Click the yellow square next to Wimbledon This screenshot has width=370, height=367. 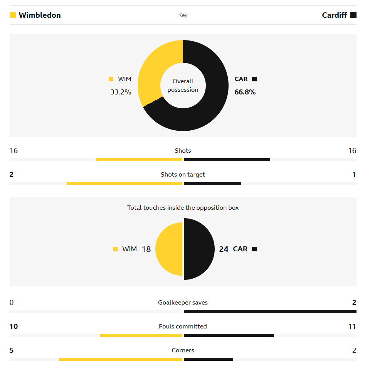pyautogui.click(x=13, y=15)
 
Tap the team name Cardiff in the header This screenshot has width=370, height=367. pyautogui.click(x=335, y=15)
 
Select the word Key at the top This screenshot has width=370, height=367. pyautogui.click(x=183, y=15)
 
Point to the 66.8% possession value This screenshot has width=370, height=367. pyautogui.click(x=245, y=92)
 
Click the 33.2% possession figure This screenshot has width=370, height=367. pyautogui.click(x=121, y=92)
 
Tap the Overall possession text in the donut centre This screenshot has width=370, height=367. pyautogui.click(x=183, y=86)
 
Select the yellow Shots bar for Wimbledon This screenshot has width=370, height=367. pyautogui.click(x=139, y=160)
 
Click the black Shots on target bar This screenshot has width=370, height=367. pyautogui.click(x=212, y=183)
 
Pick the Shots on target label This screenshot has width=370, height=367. pyautogui.click(x=183, y=175)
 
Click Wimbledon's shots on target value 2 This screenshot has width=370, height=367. pyautogui.click(x=12, y=175)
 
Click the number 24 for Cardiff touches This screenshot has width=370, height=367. pyautogui.click(x=224, y=249)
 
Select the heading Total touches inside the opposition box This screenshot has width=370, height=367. pyautogui.click(x=183, y=208)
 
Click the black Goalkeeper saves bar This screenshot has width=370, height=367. pyautogui.click(x=270, y=311)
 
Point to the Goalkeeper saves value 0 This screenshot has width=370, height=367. pyautogui.click(x=12, y=303)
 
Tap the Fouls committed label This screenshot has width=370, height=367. pyautogui.click(x=183, y=327)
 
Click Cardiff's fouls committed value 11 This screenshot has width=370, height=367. pyautogui.click(x=352, y=327)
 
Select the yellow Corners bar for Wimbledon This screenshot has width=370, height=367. pyautogui.click(x=120, y=359)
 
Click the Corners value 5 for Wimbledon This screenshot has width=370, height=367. pyautogui.click(x=12, y=350)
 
